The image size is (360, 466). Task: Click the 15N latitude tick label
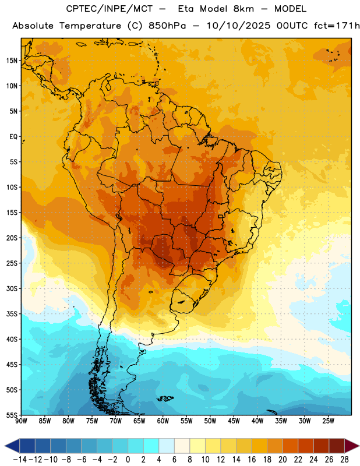tap(12, 61)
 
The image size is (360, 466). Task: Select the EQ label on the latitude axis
tap(13, 137)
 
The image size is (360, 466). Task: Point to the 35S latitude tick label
tap(12, 314)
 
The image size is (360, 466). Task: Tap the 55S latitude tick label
tap(12, 415)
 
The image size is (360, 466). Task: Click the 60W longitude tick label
tap(163, 421)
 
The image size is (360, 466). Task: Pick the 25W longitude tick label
tap(328, 421)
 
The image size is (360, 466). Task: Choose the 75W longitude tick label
tap(92, 421)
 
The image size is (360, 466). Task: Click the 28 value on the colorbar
tap(344, 460)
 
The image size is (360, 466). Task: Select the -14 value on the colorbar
tap(20, 460)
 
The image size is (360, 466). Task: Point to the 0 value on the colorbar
tap(128, 460)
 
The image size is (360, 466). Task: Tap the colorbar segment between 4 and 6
tap(167, 446)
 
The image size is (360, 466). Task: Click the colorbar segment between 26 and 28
tap(337, 446)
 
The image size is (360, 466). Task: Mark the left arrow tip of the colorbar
tap(5, 446)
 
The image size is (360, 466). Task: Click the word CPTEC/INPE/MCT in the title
tap(110, 9)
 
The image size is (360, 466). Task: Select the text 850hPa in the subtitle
tap(167, 26)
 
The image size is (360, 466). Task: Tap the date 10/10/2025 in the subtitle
tap(239, 26)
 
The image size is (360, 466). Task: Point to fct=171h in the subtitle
tap(337, 26)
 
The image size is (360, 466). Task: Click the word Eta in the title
tap(186, 9)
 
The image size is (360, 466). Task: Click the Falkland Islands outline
tap(165, 398)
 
